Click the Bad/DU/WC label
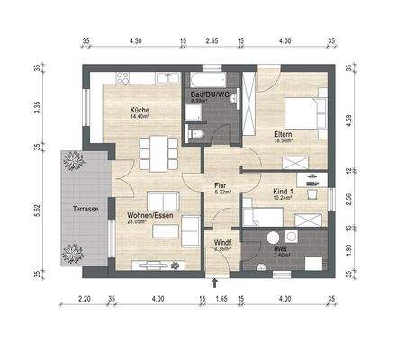coord(207,94)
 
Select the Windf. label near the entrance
coord(222,241)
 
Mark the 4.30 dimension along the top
coord(135,41)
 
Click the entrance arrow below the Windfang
coord(214,282)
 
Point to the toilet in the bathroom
coord(201,136)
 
